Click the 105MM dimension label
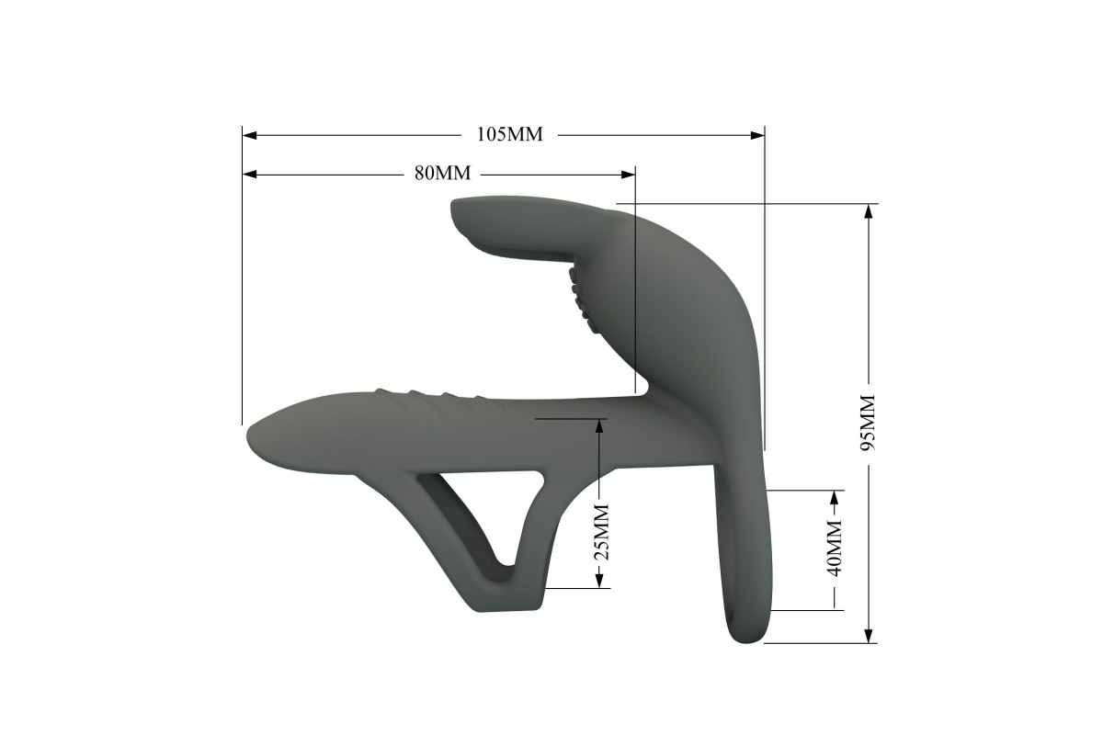(509, 134)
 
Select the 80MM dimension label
(442, 173)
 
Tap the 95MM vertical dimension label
(867, 423)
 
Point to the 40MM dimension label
(835, 548)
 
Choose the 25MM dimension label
(601, 532)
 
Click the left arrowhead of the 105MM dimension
(250, 135)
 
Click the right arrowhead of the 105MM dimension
(757, 135)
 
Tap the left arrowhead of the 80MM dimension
(250, 175)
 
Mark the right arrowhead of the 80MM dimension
(628, 175)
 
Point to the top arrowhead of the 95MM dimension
(869, 211)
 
